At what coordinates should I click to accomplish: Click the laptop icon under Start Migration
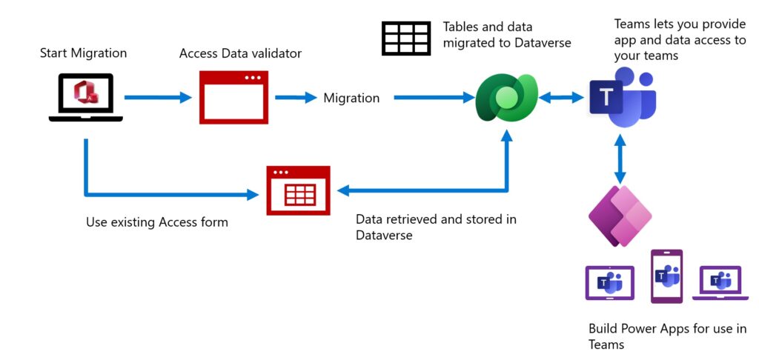click(x=85, y=97)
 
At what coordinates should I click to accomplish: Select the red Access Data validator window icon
click(x=233, y=96)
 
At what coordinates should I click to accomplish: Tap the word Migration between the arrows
click(x=351, y=98)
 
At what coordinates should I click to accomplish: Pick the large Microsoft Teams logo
click(x=623, y=96)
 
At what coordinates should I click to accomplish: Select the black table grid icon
click(x=405, y=38)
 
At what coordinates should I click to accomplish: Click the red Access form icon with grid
click(x=298, y=191)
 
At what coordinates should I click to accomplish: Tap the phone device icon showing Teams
click(x=666, y=276)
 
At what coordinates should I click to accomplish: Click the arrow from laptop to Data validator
click(x=157, y=97)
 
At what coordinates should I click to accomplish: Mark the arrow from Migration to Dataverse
click(x=434, y=97)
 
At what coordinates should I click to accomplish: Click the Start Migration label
click(x=84, y=53)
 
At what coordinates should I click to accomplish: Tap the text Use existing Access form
click(x=156, y=221)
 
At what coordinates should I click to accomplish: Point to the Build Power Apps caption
click(x=666, y=336)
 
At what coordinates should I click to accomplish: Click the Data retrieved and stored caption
click(x=436, y=227)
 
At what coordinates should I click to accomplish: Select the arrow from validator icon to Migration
click(x=295, y=97)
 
